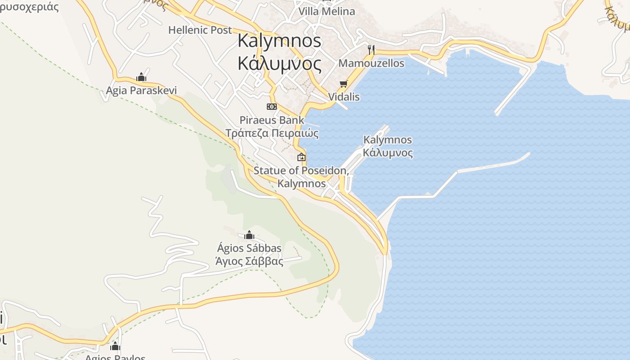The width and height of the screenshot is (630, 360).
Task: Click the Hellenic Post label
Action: click(200, 30)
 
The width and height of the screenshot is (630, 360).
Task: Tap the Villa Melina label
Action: click(327, 11)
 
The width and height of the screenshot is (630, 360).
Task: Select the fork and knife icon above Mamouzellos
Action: click(371, 49)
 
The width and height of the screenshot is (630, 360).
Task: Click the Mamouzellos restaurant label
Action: click(371, 63)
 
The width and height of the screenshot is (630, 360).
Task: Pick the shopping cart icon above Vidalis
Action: click(344, 84)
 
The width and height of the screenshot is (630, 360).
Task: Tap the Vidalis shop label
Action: click(344, 97)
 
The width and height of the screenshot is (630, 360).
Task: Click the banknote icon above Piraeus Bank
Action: click(271, 107)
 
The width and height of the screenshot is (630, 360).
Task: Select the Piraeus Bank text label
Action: click(272, 120)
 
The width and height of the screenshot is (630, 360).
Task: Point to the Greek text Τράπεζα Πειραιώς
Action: click(272, 133)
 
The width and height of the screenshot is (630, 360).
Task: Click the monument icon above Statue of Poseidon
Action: click(301, 157)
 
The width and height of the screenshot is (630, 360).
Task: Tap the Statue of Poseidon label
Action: click(301, 171)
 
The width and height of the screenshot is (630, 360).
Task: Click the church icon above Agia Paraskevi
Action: click(141, 77)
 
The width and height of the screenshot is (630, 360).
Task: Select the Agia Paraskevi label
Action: click(141, 91)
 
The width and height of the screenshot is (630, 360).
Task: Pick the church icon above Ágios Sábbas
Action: click(249, 235)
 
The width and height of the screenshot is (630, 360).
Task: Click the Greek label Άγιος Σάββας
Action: click(249, 261)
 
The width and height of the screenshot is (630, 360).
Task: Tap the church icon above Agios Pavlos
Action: click(115, 346)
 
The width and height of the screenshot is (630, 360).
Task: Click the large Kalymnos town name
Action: click(279, 41)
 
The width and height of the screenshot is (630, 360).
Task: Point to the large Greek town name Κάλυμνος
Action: click(279, 64)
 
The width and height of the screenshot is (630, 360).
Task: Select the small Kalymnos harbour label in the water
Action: click(387, 140)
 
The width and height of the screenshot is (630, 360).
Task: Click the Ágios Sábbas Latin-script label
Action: click(249, 248)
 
